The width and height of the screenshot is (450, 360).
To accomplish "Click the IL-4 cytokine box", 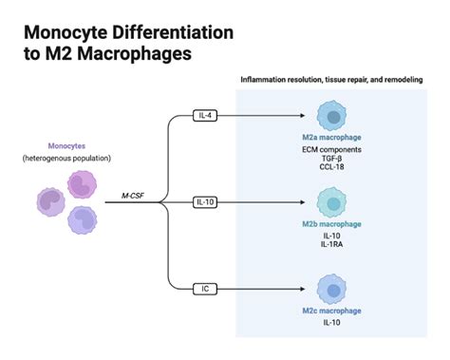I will coord(205,115).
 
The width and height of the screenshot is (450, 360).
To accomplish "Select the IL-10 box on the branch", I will coord(205,202).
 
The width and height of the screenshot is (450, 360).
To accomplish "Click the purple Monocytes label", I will coord(66,145).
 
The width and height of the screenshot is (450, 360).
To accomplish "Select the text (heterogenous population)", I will coord(66,157).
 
